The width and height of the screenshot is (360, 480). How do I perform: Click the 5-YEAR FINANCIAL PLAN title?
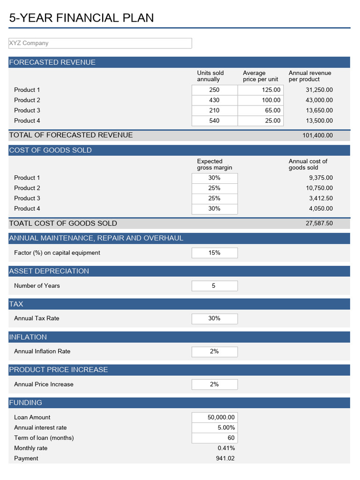[x=82, y=18]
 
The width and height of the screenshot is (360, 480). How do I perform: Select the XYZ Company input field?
[x=100, y=43]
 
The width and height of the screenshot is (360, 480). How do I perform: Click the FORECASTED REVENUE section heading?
[x=52, y=62]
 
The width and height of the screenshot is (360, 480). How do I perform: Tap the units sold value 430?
[x=214, y=100]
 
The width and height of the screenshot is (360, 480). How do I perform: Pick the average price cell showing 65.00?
[x=261, y=110]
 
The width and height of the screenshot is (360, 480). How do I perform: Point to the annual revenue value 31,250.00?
[x=319, y=90]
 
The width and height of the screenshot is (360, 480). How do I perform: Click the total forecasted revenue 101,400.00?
[x=317, y=135]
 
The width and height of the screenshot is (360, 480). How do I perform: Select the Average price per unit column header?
[x=260, y=76]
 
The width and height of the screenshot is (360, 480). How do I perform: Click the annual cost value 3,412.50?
[x=321, y=198]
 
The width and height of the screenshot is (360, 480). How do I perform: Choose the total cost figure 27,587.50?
[x=319, y=224]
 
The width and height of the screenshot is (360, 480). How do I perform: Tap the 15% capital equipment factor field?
[x=214, y=253]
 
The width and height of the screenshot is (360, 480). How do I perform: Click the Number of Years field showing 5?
[x=214, y=285]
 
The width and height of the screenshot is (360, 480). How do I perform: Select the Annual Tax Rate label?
[x=37, y=318]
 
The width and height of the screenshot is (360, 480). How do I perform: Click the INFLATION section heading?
[x=28, y=337]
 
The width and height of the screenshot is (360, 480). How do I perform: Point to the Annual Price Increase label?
[x=44, y=384]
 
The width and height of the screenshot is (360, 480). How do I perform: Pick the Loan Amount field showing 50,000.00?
[x=214, y=417]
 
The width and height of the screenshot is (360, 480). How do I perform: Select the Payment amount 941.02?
[x=225, y=458]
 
